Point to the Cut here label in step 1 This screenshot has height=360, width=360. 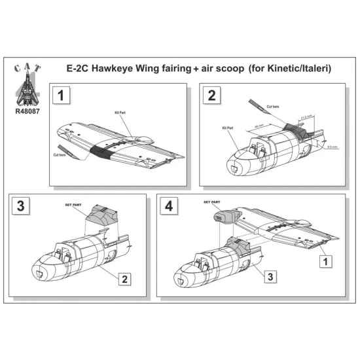pos(60,154)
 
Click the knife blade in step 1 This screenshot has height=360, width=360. pos(69,148)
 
